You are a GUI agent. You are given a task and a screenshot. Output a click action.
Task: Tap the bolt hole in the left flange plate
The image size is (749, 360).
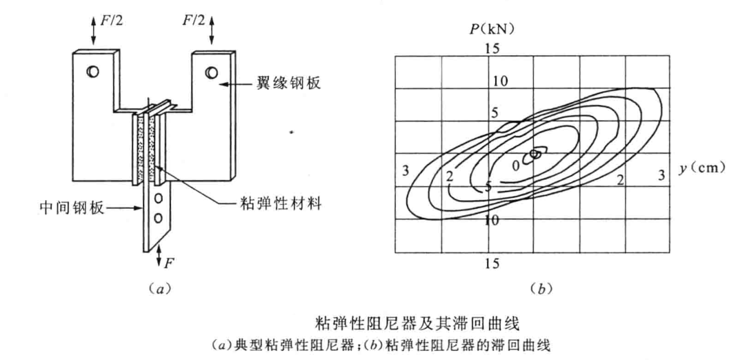(x=92, y=70)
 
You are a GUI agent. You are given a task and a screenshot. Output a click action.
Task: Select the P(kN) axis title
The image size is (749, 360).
(x=493, y=29)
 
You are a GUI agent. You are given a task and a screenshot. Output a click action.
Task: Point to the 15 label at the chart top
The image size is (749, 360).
(x=493, y=48)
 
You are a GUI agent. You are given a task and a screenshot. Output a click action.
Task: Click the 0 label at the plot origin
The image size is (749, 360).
(x=515, y=166)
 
